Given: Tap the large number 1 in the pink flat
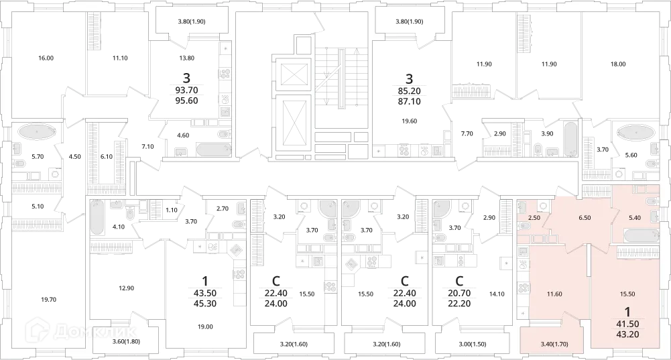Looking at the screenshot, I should [x=627, y=311].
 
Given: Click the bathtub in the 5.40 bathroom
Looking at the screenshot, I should [x=642, y=236].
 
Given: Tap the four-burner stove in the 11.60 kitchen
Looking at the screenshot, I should [x=523, y=288].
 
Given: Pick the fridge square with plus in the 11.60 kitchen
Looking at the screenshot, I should [x=523, y=314].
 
